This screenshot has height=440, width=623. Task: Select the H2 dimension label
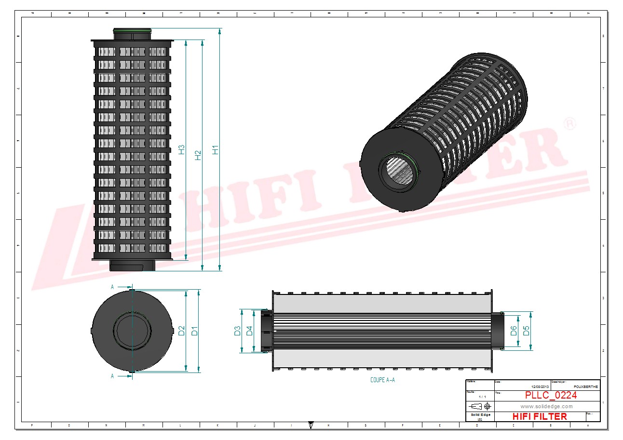click(x=198, y=155)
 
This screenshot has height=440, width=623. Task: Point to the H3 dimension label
click(x=181, y=149)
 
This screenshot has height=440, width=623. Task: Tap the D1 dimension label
click(x=194, y=331)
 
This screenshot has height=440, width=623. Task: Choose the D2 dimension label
click(x=181, y=331)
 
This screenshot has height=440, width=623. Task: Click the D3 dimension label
click(x=237, y=331)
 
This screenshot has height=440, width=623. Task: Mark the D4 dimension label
click(x=249, y=331)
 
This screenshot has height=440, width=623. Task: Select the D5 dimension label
click(x=526, y=331)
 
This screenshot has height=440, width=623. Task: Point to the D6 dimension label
click(x=514, y=331)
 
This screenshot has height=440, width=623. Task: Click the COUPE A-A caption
click(x=382, y=380)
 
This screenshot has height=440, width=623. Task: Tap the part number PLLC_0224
click(x=551, y=395)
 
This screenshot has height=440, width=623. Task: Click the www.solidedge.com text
click(x=546, y=406)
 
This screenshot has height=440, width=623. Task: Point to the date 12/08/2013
click(x=540, y=387)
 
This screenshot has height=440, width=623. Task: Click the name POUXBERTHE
click(x=585, y=387)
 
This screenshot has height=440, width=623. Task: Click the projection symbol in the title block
click(x=480, y=406)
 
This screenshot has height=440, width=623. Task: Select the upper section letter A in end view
click(x=112, y=286)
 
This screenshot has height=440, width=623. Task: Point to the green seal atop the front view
click(x=132, y=31)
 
